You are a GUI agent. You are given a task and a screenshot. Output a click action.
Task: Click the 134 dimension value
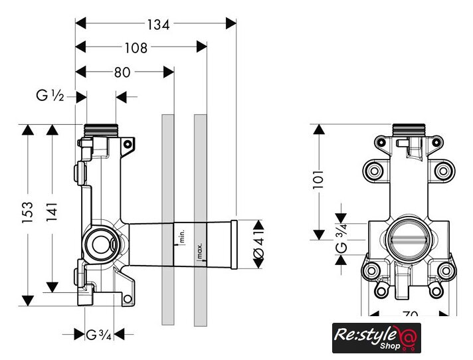(158, 25)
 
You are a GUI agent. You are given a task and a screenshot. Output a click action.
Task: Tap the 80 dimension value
(122, 72)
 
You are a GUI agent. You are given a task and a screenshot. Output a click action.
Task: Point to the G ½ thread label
(50, 97)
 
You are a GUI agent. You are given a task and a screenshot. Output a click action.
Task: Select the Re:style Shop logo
(377, 338)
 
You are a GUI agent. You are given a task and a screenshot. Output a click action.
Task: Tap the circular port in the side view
(101, 244)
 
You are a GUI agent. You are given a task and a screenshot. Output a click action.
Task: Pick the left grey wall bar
(167, 219)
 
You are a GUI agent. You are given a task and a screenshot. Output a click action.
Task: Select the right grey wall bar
(200, 219)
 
